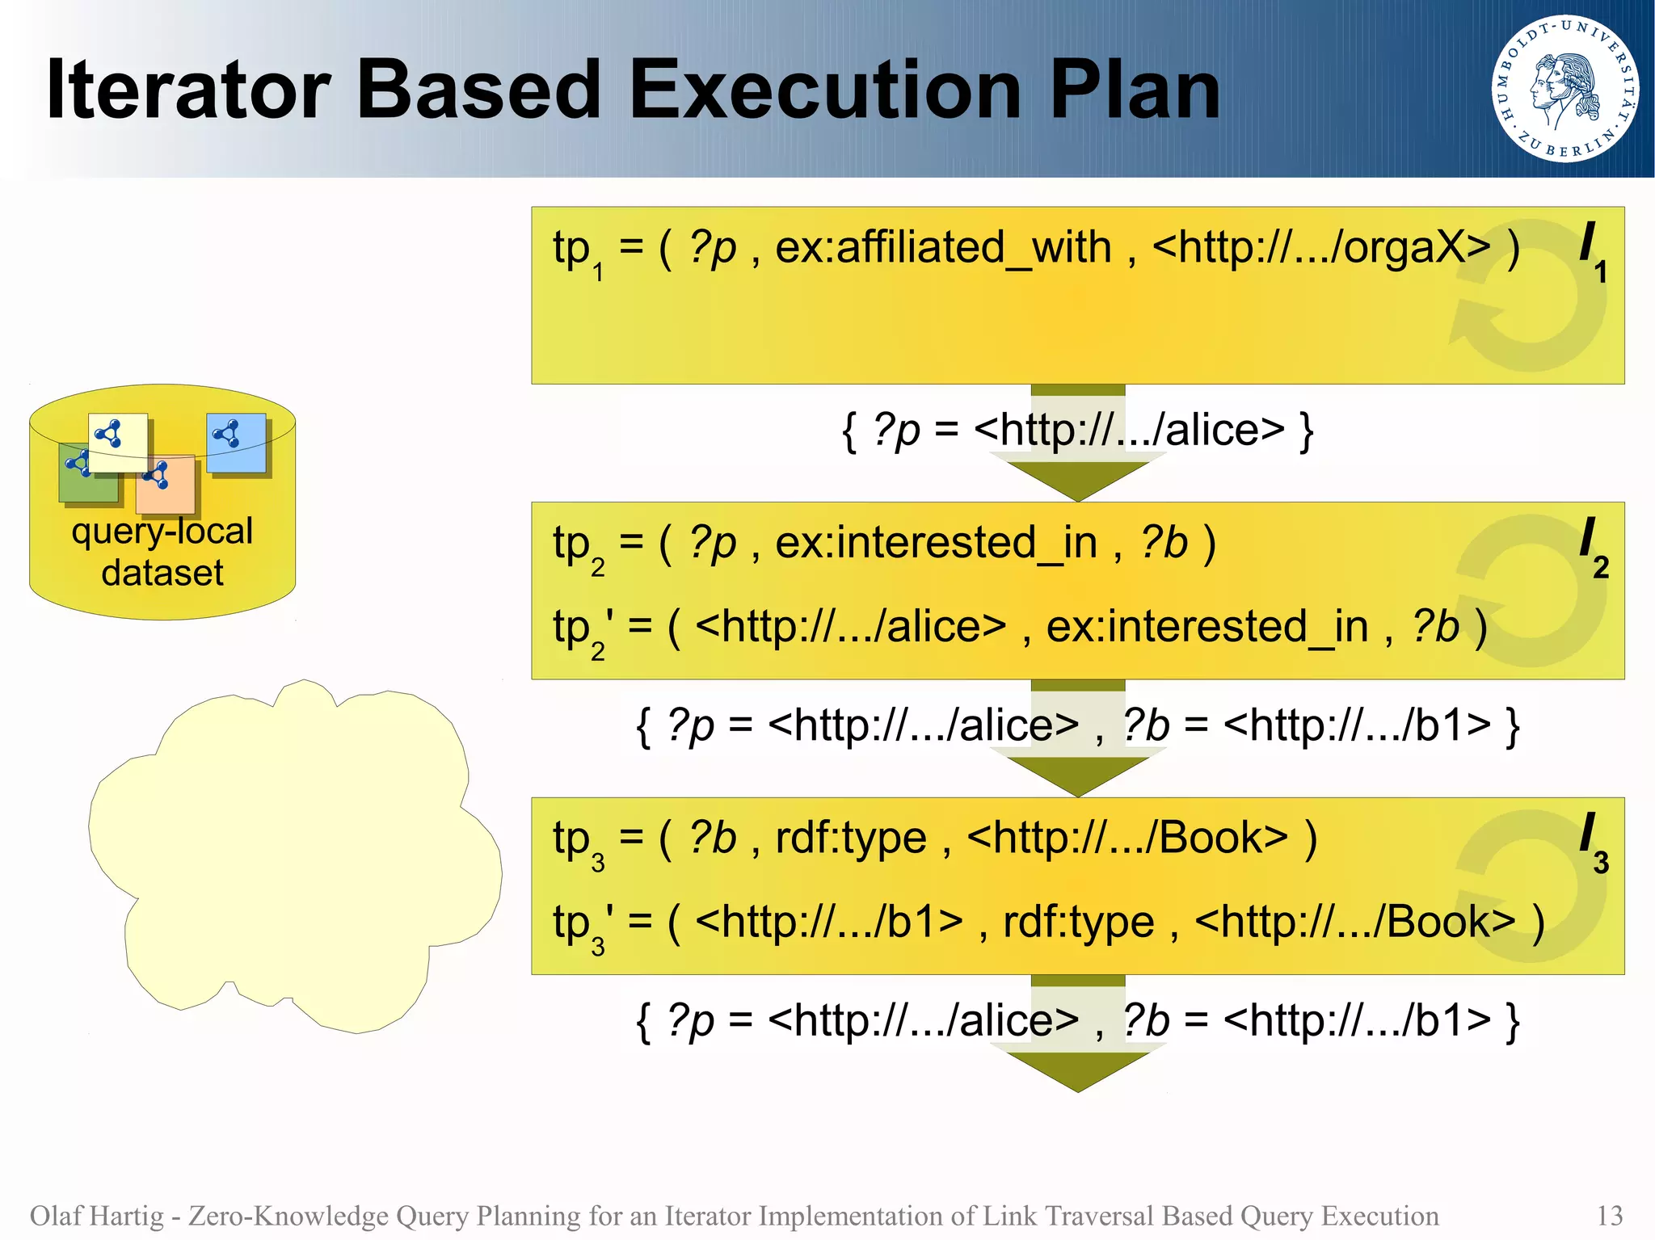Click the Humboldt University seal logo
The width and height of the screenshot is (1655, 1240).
coord(1564,89)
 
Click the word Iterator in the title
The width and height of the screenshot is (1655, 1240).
coord(188,90)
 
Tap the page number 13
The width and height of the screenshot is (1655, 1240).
coord(1609,1215)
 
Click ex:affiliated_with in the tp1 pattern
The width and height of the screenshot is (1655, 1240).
coord(943,247)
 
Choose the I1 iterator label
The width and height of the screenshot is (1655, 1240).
coord(1592,250)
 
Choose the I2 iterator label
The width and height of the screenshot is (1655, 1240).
coord(1592,547)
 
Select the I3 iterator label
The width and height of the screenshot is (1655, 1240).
coord(1592,842)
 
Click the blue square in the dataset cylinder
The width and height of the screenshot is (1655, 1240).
coord(237,443)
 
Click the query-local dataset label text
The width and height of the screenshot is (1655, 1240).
coord(162,552)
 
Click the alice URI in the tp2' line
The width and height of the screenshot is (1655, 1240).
coord(850,627)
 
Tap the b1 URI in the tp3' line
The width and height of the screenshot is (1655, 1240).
coord(828,922)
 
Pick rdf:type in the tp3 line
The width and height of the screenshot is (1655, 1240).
coord(850,838)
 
